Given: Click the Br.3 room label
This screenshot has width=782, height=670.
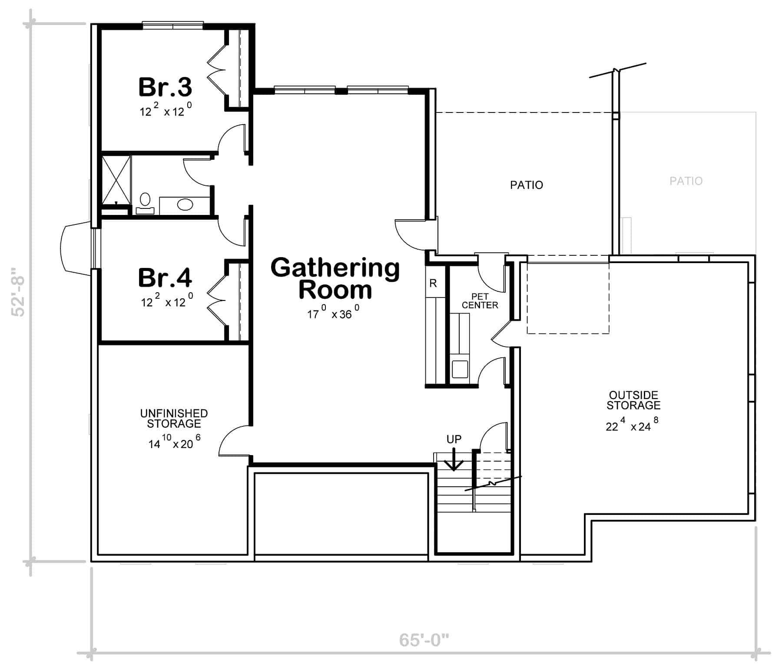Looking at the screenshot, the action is point(165,87).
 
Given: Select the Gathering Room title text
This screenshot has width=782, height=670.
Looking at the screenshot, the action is point(335,278).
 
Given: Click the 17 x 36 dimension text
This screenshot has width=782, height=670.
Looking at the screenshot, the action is point(334,312).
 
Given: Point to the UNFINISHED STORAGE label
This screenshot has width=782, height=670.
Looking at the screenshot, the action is point(174,419).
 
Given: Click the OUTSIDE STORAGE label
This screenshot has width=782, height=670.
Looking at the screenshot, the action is point(633,400).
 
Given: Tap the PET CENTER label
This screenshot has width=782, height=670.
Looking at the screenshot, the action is point(480,301).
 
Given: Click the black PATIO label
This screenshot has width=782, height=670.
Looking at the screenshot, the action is point(527,185).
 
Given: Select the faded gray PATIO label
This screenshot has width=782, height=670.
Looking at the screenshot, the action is point(686,181).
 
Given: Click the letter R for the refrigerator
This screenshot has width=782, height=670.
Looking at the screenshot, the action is point(433,284).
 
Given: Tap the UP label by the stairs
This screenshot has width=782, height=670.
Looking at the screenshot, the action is point(454,439).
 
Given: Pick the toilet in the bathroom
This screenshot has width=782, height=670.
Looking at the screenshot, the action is point(145,204).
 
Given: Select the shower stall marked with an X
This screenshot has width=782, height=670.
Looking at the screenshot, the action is point(116,180).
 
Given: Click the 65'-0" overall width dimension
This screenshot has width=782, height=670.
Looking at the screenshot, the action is point(424,640).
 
